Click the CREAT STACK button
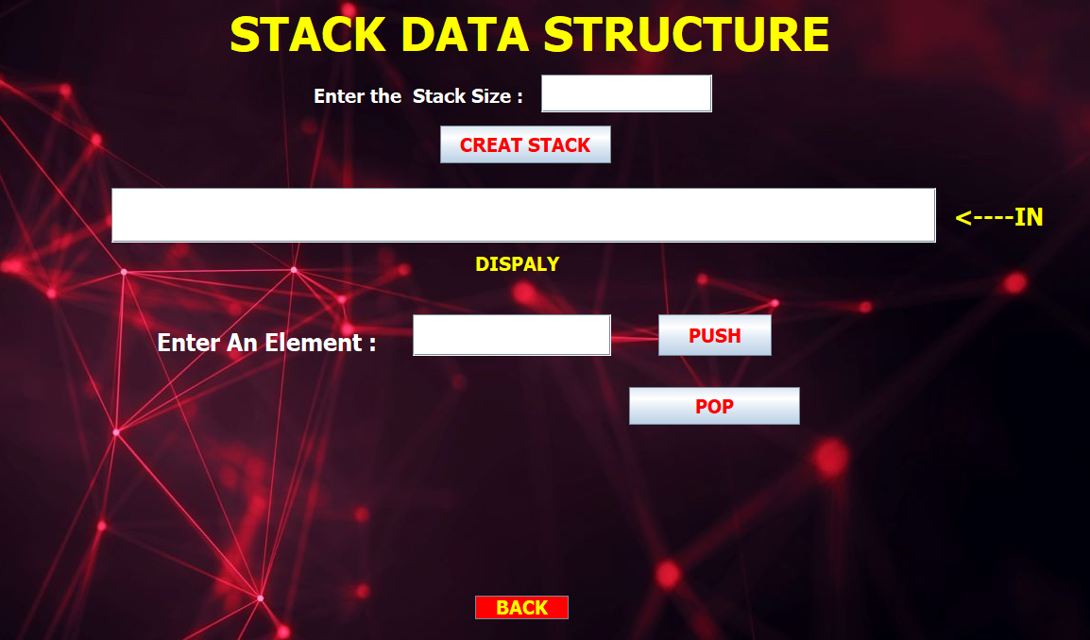[525, 144]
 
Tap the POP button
[714, 406]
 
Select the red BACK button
[521, 607]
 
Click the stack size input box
[626, 93]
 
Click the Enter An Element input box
[512, 335]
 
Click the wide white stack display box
[523, 215]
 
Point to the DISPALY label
[518, 264]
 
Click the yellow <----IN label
[999, 217]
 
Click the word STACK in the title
[308, 34]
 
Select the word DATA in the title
[465, 34]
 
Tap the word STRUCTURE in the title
[686, 34]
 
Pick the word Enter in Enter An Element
[188, 343]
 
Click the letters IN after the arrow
[1029, 217]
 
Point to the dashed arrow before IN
[984, 218]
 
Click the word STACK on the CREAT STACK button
[558, 145]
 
